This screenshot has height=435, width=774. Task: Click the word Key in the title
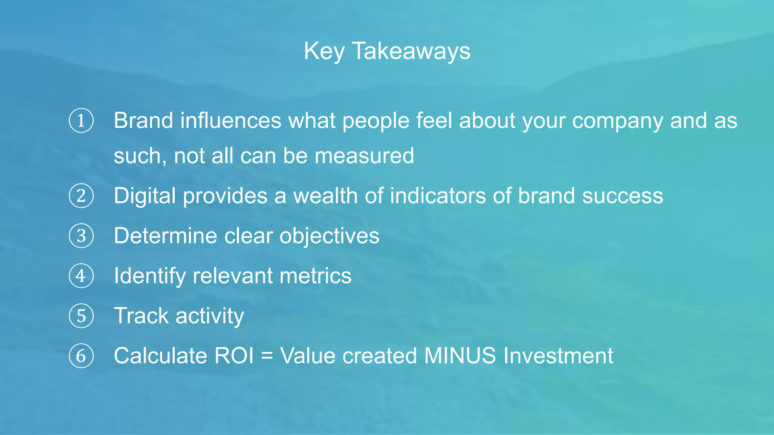point(324,51)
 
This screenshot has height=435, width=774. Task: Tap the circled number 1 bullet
point(81,120)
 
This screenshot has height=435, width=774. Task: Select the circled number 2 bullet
point(81,196)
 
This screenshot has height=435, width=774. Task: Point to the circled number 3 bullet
point(81,236)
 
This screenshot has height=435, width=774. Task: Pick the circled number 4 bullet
point(81,276)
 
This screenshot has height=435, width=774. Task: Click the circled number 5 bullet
point(81,316)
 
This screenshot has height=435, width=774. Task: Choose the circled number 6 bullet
point(81,356)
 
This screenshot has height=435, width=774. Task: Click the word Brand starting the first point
point(143,120)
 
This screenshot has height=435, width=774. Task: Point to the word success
point(622,196)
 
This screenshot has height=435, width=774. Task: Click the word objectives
point(329,236)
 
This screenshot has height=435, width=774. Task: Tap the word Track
point(141,316)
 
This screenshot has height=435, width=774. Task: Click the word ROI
point(234,356)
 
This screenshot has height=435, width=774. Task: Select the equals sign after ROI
point(267,356)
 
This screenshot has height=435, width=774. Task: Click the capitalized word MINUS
point(460,356)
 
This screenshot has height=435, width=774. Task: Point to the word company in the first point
point(618,121)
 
